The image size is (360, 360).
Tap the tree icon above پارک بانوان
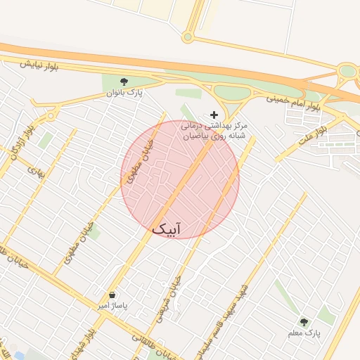(124, 81)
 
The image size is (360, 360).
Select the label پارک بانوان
(124, 92)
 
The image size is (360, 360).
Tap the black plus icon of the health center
(214, 114)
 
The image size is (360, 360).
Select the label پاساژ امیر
(113, 306)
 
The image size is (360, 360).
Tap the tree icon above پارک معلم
(304, 321)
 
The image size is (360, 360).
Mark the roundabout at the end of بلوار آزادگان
(51, 115)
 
